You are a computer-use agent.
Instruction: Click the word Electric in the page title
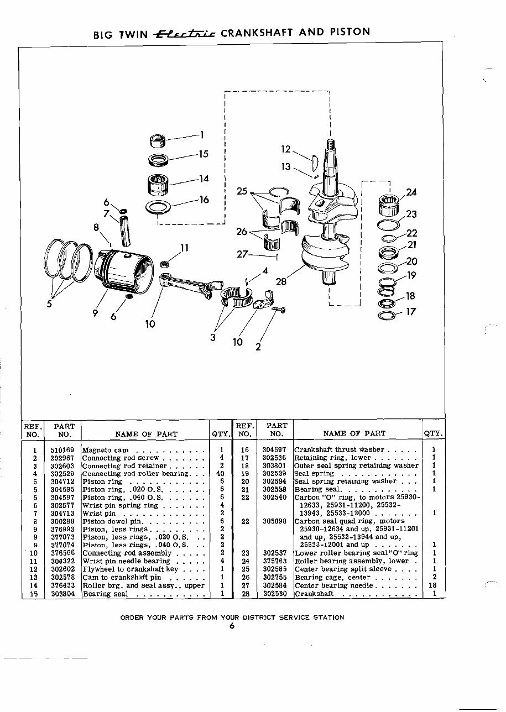click(x=185, y=33)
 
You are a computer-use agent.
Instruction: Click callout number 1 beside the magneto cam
click(x=202, y=134)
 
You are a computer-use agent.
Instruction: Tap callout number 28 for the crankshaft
click(x=281, y=282)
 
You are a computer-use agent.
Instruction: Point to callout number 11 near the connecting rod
click(x=185, y=248)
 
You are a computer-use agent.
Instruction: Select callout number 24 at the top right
click(x=411, y=192)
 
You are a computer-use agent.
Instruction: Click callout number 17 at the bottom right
click(x=410, y=312)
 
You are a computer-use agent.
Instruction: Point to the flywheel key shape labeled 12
click(x=314, y=159)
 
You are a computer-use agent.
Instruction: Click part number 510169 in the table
click(x=64, y=450)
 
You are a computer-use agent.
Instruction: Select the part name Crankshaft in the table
click(x=314, y=594)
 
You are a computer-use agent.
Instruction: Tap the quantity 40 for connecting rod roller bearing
click(x=221, y=474)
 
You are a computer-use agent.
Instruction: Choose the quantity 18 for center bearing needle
click(x=434, y=585)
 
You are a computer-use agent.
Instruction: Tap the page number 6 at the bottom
click(x=232, y=626)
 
